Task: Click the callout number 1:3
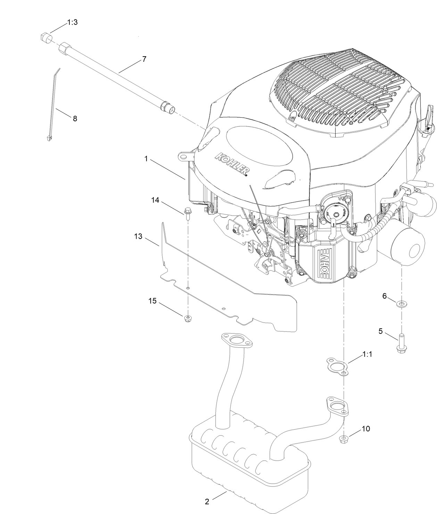click(x=72, y=22)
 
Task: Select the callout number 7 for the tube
click(x=144, y=59)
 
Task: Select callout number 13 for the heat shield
click(x=138, y=236)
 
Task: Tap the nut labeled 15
click(x=188, y=318)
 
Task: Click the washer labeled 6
click(x=402, y=304)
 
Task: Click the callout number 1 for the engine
click(x=146, y=159)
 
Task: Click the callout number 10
click(x=366, y=429)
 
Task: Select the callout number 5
click(x=380, y=331)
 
